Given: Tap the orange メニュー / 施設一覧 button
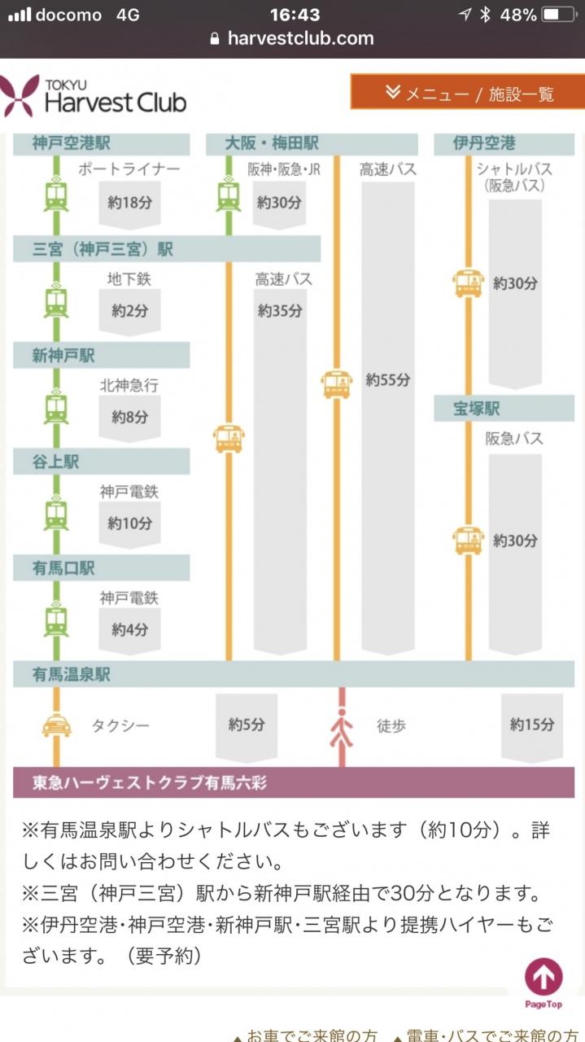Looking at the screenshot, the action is click(x=467, y=92).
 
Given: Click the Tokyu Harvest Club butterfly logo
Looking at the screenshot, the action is click(x=19, y=96).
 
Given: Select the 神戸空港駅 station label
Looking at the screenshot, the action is click(x=71, y=142).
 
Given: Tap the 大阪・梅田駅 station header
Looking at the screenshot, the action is click(x=272, y=142).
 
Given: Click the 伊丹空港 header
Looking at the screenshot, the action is click(x=484, y=142).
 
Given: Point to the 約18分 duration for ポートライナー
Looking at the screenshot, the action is click(x=129, y=203).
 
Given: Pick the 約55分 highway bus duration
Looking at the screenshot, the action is click(x=388, y=379).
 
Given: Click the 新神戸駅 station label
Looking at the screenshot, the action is click(x=63, y=356).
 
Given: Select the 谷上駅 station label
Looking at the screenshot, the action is click(x=55, y=462).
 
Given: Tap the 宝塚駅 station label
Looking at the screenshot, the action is click(x=477, y=409).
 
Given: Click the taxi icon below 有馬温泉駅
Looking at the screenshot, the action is click(x=57, y=725).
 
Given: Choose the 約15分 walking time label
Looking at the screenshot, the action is click(x=532, y=724).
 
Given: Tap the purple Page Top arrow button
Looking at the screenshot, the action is click(x=544, y=976).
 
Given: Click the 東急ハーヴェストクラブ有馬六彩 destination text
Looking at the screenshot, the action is click(x=149, y=782).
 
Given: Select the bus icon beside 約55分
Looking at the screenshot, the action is click(x=336, y=384).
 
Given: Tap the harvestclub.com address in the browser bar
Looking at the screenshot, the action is click(x=300, y=38).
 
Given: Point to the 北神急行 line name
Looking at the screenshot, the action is click(x=129, y=385).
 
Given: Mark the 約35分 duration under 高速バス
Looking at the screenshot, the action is click(x=280, y=310).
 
